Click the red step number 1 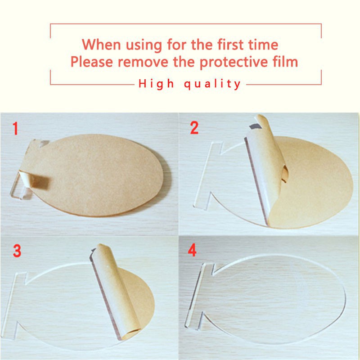[x=15, y=128]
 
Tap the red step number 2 [x=194, y=128]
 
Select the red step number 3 [x=17, y=251]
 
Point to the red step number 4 [x=192, y=250]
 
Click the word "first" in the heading [x=231, y=44]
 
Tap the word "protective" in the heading [x=234, y=62]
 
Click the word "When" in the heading [x=101, y=44]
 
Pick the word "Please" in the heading [x=92, y=62]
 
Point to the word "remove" [x=143, y=62]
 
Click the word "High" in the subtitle [x=156, y=84]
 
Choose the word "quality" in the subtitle [x=212, y=84]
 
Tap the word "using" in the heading [x=144, y=45]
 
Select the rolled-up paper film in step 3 [x=116, y=292]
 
